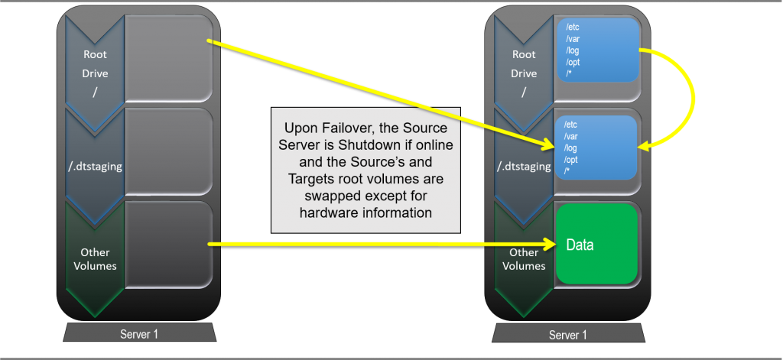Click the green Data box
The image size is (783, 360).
(596, 244)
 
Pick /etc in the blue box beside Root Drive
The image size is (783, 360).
(573, 28)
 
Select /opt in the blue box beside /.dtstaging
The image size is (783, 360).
(571, 159)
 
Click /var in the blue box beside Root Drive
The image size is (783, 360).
(573, 39)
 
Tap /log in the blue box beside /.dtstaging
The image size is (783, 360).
(571, 148)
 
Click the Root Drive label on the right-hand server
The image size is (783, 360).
(524, 63)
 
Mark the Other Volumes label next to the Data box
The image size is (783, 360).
(524, 259)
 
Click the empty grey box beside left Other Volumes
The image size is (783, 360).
(167, 245)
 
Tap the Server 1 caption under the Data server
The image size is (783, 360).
(569, 335)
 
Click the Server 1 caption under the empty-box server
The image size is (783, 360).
(140, 334)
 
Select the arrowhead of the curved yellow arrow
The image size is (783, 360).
(645, 144)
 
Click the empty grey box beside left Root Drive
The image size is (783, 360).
(167, 57)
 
